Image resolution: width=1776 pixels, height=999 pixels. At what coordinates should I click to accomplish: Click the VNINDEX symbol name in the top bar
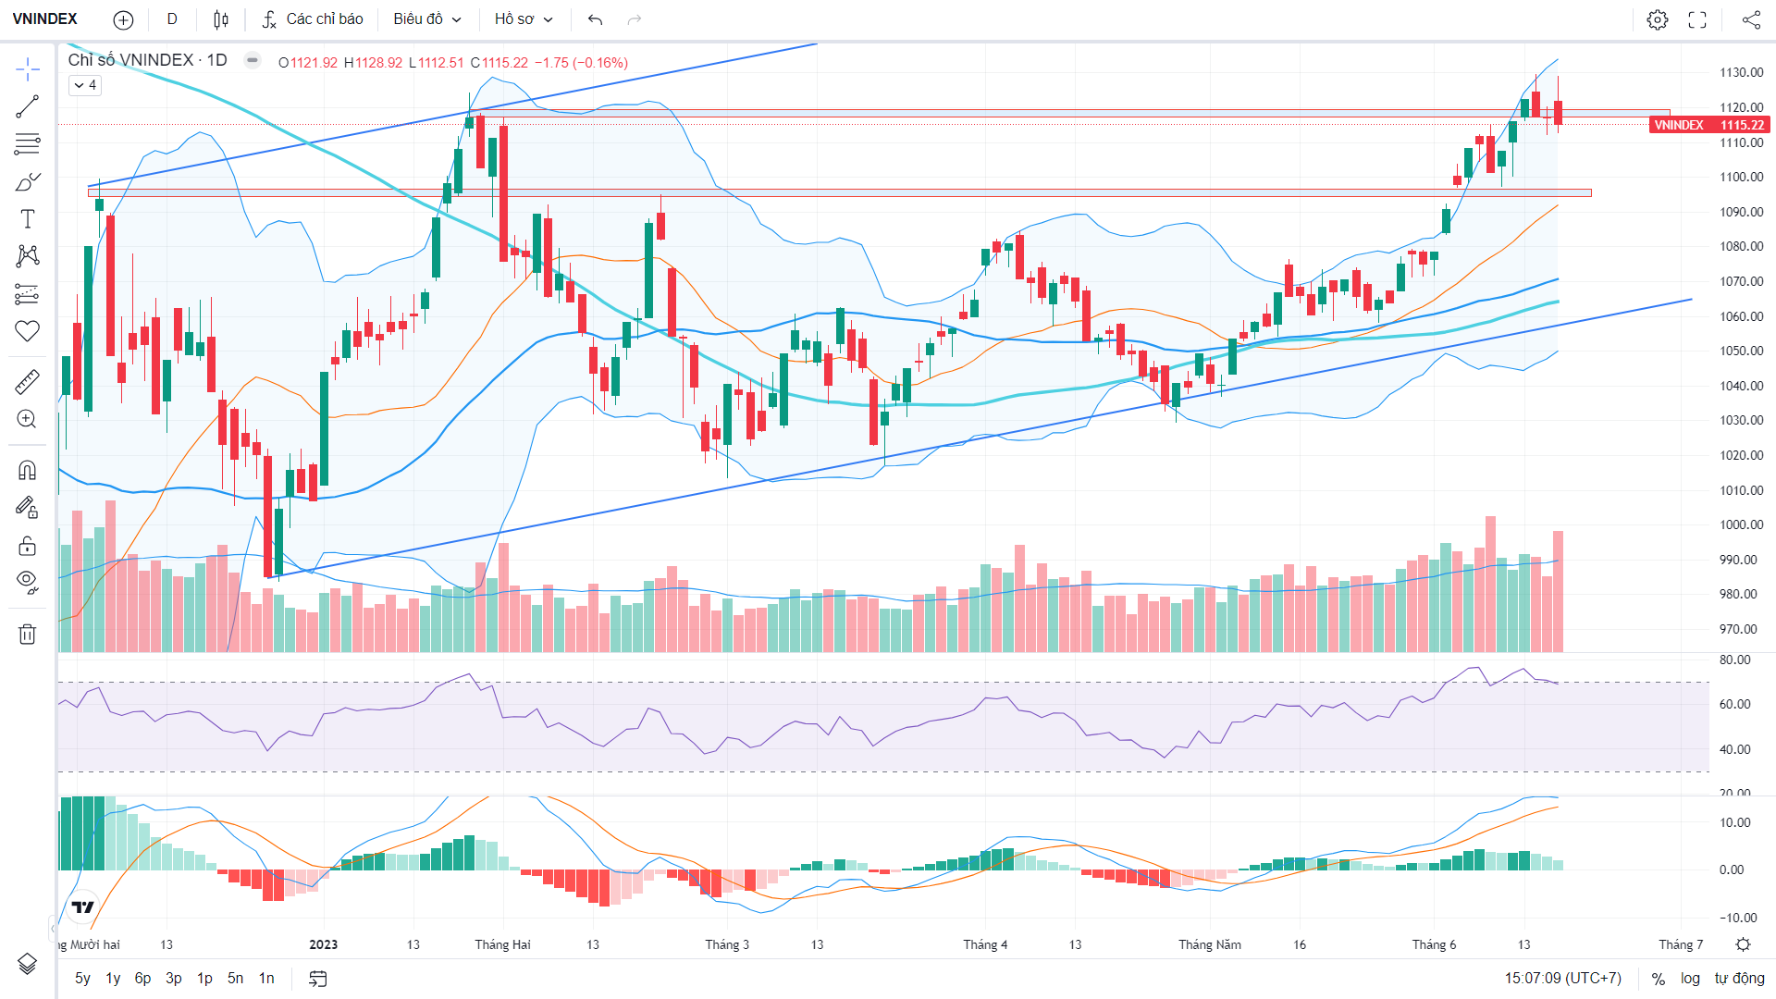(45, 19)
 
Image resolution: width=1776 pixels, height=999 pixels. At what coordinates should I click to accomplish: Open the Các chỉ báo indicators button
(313, 19)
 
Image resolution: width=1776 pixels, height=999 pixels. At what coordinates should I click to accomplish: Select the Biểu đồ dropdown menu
(427, 19)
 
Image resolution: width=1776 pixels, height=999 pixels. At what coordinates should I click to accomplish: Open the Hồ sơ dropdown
(524, 19)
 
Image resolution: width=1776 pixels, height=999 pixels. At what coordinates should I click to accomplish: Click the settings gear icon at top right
(1658, 19)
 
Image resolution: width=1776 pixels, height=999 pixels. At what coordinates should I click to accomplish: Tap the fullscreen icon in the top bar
(1697, 19)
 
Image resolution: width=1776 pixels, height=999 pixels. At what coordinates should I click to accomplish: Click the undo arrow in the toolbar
(595, 19)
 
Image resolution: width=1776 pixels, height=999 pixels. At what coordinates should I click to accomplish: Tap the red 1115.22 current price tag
(1709, 125)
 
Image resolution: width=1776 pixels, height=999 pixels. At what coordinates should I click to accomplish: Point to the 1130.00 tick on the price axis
(1741, 72)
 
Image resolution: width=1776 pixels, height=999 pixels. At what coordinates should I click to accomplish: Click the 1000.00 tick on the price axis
(1741, 524)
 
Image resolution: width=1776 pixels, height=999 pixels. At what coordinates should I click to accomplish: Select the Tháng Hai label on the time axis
(502, 944)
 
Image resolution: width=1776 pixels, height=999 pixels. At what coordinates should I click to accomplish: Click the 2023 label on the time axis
(323, 944)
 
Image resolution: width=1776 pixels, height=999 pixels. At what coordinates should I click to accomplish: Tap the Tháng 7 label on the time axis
(1681, 944)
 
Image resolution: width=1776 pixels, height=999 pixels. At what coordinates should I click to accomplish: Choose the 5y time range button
(82, 978)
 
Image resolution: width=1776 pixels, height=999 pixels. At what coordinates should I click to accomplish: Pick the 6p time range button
(142, 978)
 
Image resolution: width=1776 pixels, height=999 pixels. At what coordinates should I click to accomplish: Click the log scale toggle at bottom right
(1690, 978)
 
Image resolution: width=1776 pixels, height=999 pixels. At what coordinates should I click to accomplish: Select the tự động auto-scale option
(1739, 978)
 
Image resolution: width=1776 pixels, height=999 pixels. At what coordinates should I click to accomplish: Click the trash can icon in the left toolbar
(28, 634)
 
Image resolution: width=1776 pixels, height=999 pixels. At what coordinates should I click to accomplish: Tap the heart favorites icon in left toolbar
(28, 330)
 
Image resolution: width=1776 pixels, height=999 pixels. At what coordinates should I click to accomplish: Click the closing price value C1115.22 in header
(499, 63)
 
